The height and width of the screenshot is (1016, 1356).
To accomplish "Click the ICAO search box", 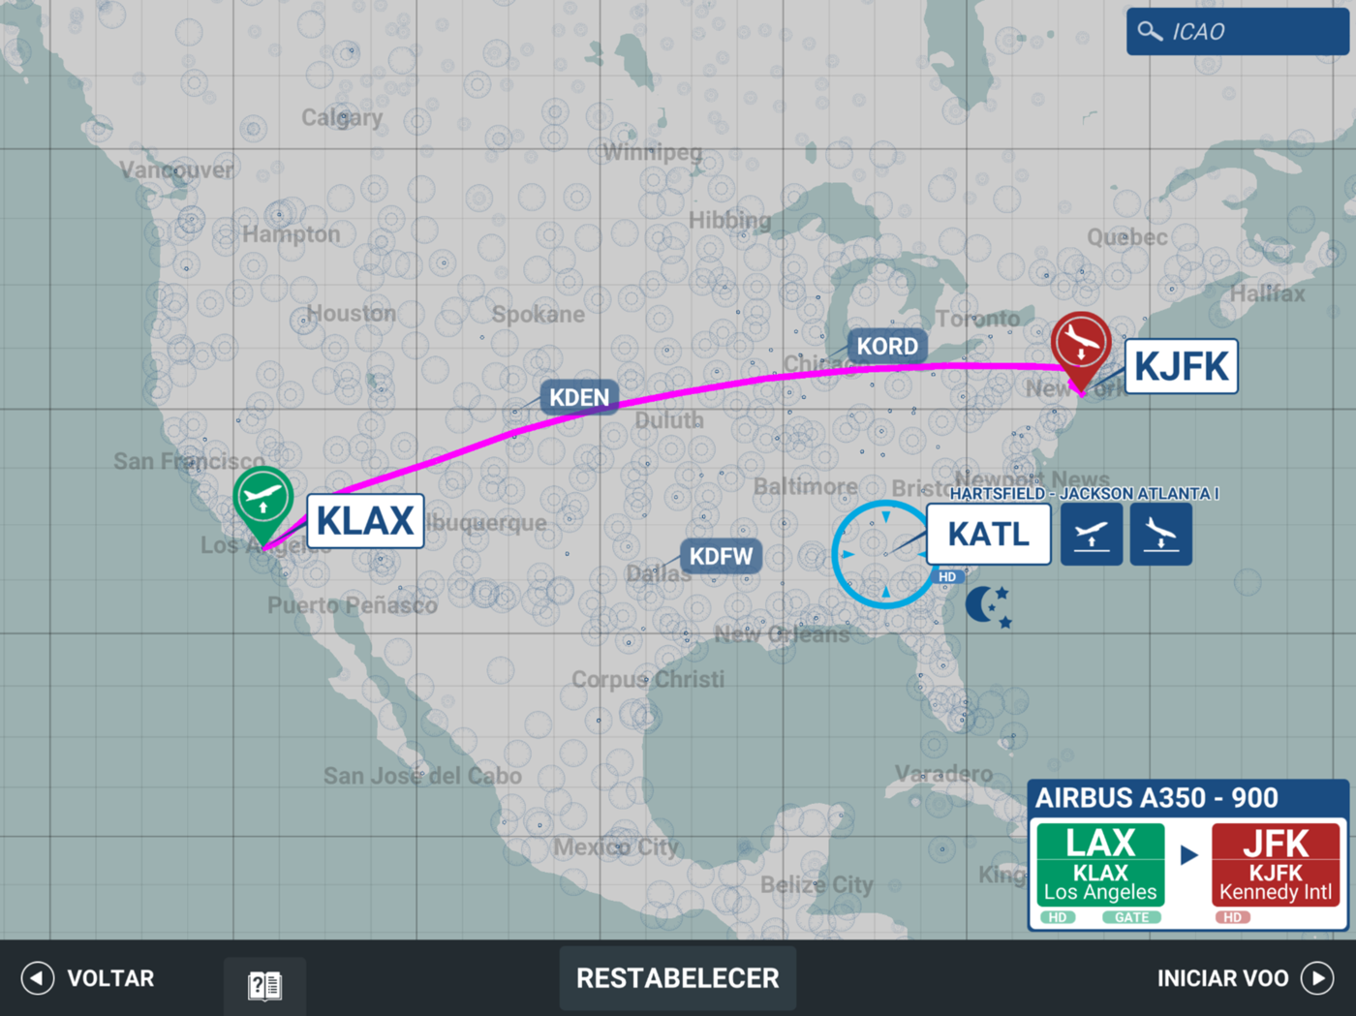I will point(1237,32).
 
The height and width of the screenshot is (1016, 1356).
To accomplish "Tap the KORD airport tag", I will point(887,346).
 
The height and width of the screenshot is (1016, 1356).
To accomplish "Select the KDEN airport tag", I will point(579,397).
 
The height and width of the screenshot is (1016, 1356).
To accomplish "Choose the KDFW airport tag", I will point(721,556).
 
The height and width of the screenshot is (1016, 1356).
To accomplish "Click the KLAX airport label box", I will point(365,521).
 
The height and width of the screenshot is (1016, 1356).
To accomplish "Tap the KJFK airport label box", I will point(1181,366).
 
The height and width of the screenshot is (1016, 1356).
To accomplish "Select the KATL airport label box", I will point(988,534).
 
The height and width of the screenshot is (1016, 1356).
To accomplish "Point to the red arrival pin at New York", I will point(1081,344).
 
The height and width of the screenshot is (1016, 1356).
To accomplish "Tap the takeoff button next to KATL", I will point(1092,534).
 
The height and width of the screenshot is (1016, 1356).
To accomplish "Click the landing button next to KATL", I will point(1160,534).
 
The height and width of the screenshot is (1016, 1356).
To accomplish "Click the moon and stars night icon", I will point(989,606).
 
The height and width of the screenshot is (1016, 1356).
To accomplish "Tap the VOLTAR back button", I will point(89,978).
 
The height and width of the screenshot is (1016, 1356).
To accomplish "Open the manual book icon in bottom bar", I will point(264,986).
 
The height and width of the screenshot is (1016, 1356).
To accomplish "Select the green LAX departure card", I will point(1100,871).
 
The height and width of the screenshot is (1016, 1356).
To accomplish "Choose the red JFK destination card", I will point(1276,871).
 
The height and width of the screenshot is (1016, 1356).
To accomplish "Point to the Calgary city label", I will point(342,118).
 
